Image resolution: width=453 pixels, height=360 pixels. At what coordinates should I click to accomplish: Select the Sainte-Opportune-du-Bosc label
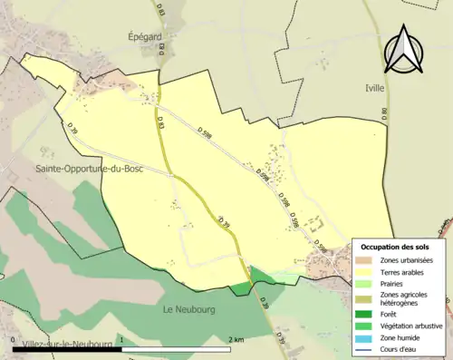coord(92,170)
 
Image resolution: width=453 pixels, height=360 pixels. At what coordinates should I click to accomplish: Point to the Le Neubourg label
coord(188,310)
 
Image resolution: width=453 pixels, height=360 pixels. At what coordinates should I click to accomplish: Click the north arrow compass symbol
coord(403,50)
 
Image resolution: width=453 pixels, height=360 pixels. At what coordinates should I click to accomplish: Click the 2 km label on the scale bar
coord(236,340)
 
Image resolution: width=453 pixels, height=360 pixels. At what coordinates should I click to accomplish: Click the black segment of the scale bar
coord(68,348)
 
